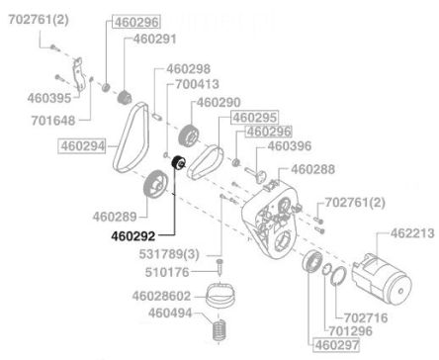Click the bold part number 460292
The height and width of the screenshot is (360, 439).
point(132,235)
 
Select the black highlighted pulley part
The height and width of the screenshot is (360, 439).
point(178,163)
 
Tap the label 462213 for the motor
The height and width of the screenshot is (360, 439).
point(412,233)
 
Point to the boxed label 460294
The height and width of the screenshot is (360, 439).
point(82,146)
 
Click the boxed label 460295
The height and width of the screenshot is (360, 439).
point(255,118)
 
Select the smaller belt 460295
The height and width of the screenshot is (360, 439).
point(206,161)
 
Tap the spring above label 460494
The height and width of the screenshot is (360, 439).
point(219,329)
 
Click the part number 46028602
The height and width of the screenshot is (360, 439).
point(161,296)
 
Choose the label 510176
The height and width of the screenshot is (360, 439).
point(167,272)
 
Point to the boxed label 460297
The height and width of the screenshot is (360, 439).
point(336,345)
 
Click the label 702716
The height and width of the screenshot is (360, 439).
point(366,318)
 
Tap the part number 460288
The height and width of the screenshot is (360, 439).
point(312,169)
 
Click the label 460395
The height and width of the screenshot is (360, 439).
point(49,98)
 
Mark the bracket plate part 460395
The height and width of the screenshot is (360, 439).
point(77,74)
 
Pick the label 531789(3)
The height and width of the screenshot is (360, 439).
point(169,254)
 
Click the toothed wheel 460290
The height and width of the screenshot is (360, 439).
point(189,135)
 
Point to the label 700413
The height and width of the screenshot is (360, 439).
point(197,84)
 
